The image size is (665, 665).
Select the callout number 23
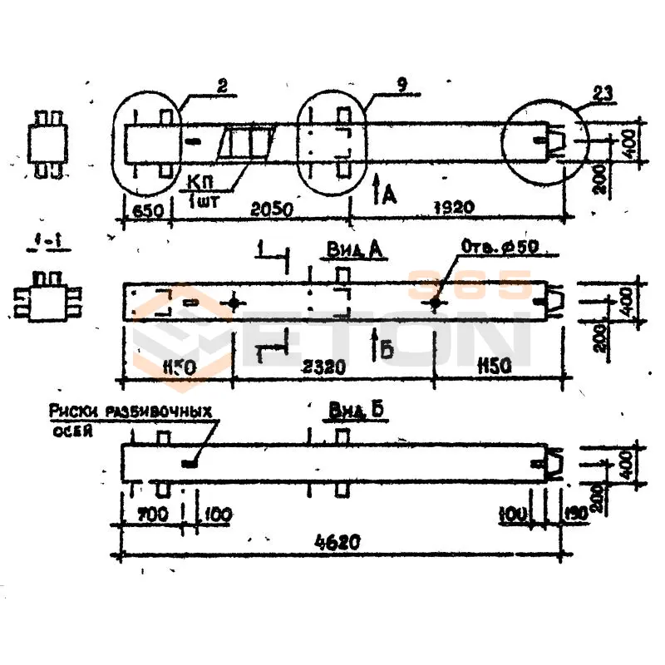point(603,95)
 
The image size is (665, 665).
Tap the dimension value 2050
point(271,210)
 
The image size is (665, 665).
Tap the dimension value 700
point(152,515)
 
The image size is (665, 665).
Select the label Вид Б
point(350,411)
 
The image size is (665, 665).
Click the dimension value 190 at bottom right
point(575,515)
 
